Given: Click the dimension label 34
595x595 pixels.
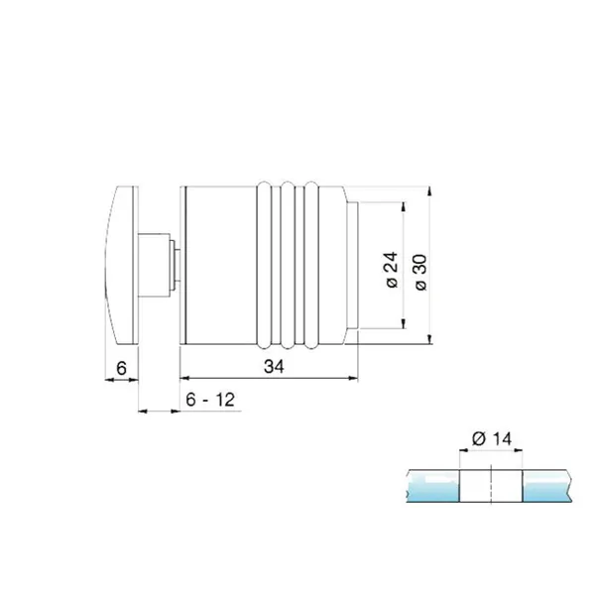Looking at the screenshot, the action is [x=274, y=367].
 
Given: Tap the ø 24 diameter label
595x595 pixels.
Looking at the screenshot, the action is [x=392, y=270].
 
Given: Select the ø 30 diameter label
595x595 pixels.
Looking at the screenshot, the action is [x=420, y=273].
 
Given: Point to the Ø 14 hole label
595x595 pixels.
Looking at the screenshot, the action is [x=492, y=438].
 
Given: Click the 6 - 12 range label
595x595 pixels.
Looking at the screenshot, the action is [x=210, y=400].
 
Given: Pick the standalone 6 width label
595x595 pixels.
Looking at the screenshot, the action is [x=121, y=368].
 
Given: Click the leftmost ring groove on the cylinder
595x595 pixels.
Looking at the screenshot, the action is [x=264, y=265].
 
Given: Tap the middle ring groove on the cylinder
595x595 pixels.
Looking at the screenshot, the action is [x=288, y=265].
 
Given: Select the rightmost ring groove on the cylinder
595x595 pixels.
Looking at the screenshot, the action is [x=311, y=265].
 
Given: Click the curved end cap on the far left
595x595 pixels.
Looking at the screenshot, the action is [x=121, y=265].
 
